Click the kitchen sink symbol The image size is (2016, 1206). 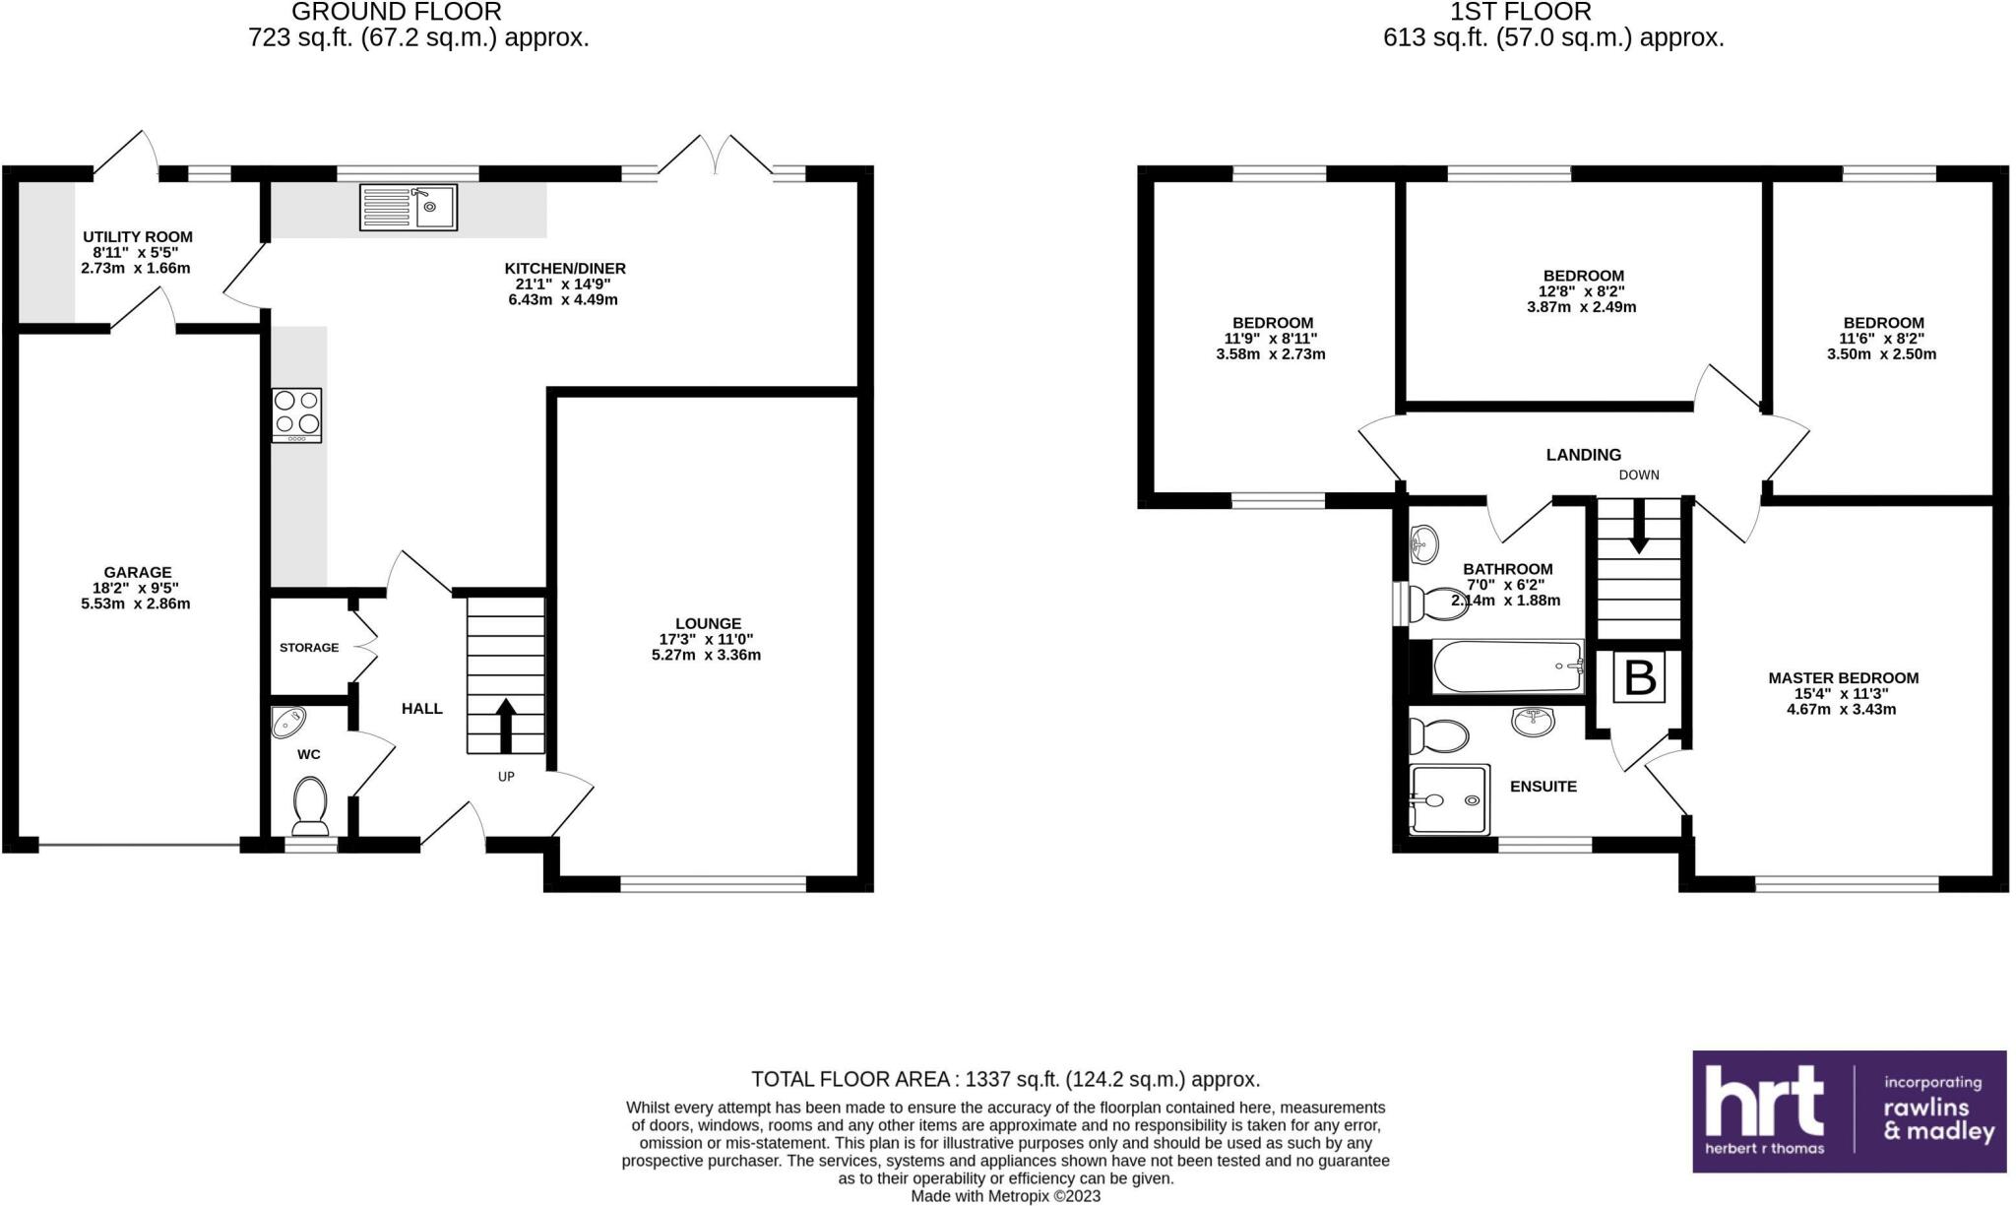point(409,207)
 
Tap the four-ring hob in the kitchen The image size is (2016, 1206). point(297,415)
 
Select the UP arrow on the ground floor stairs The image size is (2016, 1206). point(506,726)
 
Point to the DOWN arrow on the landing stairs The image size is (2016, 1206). point(1639,526)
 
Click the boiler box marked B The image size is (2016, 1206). point(1640,677)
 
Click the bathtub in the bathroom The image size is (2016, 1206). point(1507,666)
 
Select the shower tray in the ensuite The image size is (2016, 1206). point(1447,799)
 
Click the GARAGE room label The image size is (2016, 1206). point(138,572)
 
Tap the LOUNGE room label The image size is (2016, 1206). point(708,623)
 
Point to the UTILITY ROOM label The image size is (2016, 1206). point(138,236)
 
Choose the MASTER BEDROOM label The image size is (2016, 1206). point(1843,677)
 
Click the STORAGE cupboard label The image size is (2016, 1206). point(309,648)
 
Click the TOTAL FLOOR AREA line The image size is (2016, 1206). point(1005,1079)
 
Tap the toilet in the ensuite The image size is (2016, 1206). point(1438,735)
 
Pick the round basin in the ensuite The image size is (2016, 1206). point(1533,722)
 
